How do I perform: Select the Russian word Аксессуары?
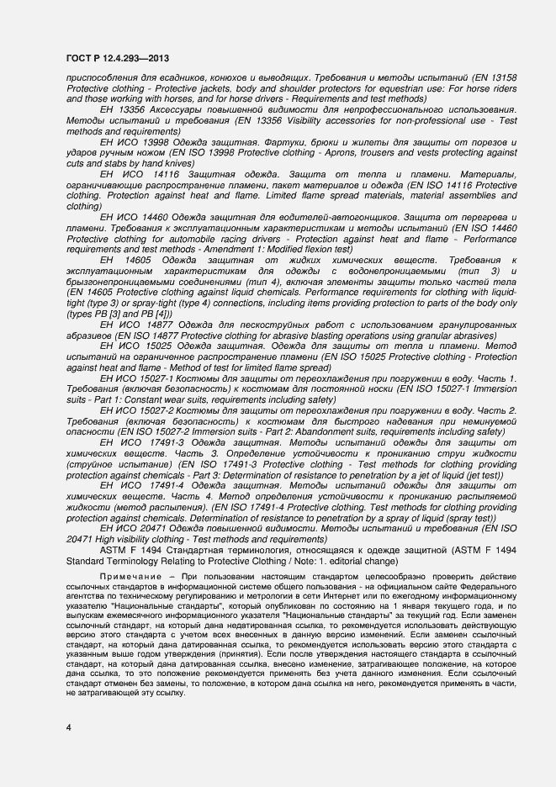[178, 109]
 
